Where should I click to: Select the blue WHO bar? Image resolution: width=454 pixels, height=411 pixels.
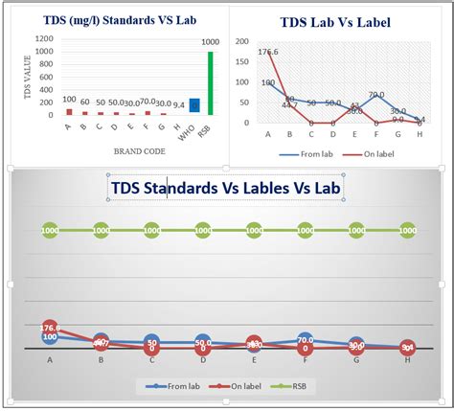tap(194, 106)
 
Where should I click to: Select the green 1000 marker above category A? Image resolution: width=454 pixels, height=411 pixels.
tap(50, 230)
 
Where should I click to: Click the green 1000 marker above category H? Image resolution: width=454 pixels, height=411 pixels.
tap(407, 230)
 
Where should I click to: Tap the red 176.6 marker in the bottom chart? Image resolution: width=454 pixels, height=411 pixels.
tap(50, 328)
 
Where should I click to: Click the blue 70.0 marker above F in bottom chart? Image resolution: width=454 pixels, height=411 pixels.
tap(305, 339)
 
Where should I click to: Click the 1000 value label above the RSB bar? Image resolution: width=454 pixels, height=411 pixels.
tap(209, 43)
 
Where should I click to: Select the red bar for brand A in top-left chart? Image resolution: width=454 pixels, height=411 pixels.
tap(68, 111)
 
